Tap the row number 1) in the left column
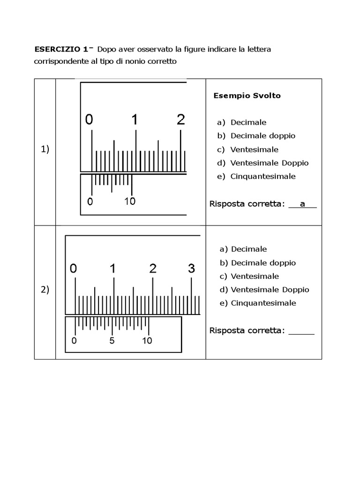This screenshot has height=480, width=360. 45,150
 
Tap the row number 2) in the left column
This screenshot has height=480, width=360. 45,290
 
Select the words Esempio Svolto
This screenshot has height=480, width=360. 247,96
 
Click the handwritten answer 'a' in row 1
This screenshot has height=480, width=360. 302,204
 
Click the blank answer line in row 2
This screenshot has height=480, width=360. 301,332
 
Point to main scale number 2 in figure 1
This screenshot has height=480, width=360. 181,120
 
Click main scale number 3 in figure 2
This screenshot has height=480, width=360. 191,269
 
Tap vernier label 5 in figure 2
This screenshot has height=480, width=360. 112,341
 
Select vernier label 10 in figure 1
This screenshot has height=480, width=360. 130,202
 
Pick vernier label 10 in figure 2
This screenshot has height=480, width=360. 147,341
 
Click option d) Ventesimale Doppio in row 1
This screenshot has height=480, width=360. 262,163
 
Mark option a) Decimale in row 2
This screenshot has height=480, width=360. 243,249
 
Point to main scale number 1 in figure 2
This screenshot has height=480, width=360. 112,269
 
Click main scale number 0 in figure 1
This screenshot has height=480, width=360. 89,120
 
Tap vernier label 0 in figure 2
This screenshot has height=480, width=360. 74,341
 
